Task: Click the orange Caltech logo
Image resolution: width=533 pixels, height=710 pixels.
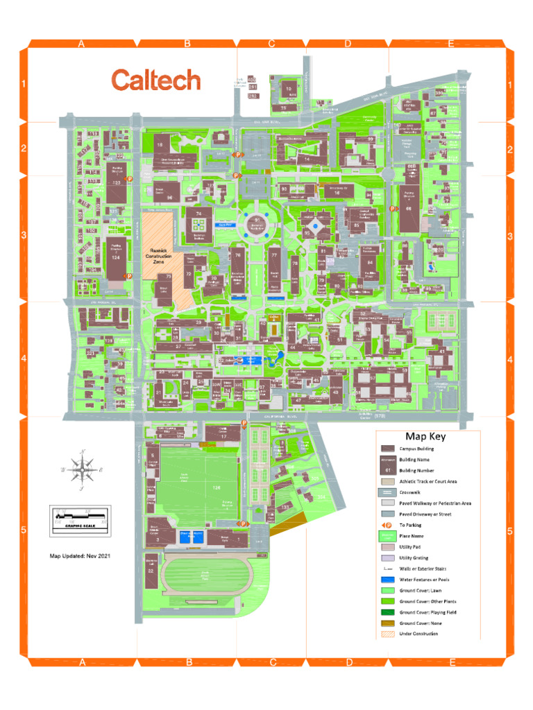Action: click(x=156, y=80)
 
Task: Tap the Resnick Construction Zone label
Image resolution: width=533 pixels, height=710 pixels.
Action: click(x=159, y=256)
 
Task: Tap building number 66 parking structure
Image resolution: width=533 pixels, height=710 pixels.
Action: click(x=409, y=208)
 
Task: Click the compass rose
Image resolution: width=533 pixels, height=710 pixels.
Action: click(x=83, y=469)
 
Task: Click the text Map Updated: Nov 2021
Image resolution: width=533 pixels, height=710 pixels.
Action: click(x=81, y=556)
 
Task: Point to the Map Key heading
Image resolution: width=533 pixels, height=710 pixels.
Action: click(x=425, y=437)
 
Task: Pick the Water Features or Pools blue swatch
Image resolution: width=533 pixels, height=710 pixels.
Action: click(x=387, y=580)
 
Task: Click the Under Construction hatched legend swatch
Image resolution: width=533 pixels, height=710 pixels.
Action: click(x=387, y=634)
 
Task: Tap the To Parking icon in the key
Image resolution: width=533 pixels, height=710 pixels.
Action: click(x=387, y=525)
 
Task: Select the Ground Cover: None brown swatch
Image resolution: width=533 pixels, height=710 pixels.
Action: click(x=387, y=623)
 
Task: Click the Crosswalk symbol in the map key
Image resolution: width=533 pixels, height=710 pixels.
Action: click(x=387, y=492)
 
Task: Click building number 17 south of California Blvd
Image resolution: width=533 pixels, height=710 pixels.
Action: click(x=223, y=435)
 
